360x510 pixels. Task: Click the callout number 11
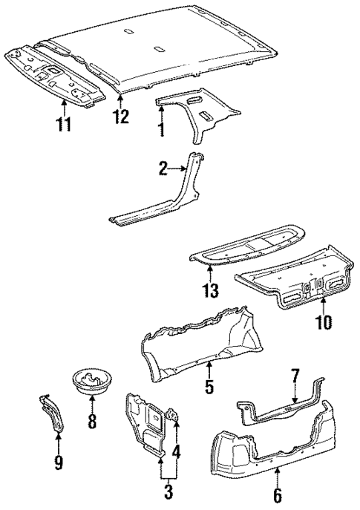[65, 123]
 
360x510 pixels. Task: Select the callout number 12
[120, 117]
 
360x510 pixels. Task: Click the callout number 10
[323, 324]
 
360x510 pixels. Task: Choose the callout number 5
[209, 387]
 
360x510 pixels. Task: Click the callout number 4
[177, 450]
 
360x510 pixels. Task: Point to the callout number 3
[168, 491]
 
